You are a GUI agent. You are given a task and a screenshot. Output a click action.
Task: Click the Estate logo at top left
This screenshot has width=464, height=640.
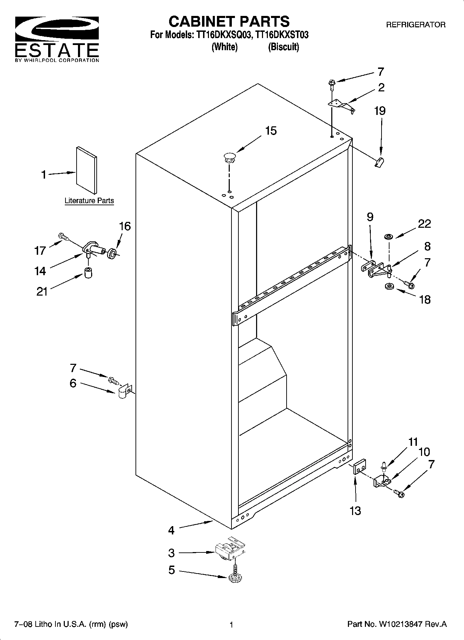click(57, 38)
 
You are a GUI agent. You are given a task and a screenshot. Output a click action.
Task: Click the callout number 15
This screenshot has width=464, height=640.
click(271, 131)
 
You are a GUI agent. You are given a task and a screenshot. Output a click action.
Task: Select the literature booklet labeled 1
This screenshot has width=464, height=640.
click(86, 170)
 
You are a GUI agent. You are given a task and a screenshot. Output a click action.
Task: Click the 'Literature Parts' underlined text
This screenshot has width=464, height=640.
click(89, 201)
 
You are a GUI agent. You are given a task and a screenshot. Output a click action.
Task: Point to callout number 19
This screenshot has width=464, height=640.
click(380, 111)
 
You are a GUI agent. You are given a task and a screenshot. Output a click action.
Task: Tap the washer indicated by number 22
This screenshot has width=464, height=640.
click(388, 237)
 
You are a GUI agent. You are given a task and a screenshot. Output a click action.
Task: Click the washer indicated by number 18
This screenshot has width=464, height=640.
click(388, 287)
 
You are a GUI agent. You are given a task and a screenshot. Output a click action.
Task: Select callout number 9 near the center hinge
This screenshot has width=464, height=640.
click(370, 217)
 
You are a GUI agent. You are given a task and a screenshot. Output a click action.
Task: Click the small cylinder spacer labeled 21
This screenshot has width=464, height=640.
click(88, 273)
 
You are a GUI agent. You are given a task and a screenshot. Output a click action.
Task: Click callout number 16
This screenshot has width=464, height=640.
click(125, 226)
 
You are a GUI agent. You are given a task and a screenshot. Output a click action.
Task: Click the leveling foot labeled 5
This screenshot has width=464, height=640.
click(235, 578)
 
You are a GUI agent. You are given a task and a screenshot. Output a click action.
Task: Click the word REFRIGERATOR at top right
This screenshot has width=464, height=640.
click(415, 25)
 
